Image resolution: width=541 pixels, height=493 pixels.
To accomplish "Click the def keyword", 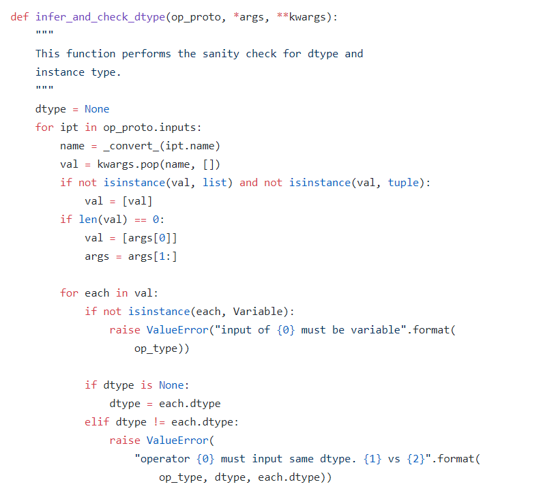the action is pyautogui.click(x=20, y=17).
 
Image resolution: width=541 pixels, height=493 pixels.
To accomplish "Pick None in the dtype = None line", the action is pyautogui.click(x=97, y=109).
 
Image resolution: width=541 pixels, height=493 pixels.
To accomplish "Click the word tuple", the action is pyautogui.click(x=403, y=183).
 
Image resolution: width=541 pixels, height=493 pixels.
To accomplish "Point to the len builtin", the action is pyautogui.click(x=85, y=220).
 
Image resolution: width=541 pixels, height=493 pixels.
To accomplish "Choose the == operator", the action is pyautogui.click(x=140, y=220).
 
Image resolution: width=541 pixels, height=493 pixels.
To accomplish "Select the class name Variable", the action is pyautogui.click(x=260, y=312).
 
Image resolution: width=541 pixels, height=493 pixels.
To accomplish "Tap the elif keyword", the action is pyautogui.click(x=97, y=422).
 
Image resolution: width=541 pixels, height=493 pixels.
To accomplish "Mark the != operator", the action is pyautogui.click(x=158, y=422).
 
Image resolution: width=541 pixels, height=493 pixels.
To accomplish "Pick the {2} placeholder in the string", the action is pyautogui.click(x=415, y=459).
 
